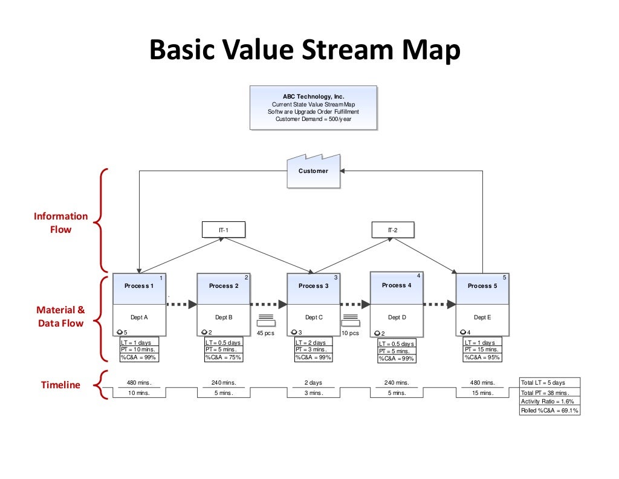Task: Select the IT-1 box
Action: (223, 230)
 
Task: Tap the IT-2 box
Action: (392, 230)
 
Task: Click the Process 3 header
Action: (313, 286)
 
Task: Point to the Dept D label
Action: (397, 317)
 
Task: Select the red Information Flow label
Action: (60, 223)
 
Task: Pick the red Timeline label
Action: (60, 385)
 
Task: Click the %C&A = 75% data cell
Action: (223, 357)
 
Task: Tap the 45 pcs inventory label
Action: (265, 333)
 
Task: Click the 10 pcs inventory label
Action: (349, 333)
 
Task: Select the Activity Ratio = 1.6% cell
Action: (549, 402)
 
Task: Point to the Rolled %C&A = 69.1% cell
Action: (549, 411)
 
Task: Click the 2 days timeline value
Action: (313, 383)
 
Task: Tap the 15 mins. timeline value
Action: (482, 393)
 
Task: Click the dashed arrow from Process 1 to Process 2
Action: (181, 304)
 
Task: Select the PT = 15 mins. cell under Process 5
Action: (482, 350)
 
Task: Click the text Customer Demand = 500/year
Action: (313, 119)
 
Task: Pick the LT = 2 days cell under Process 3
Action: (313, 342)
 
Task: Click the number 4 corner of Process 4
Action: (418, 276)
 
